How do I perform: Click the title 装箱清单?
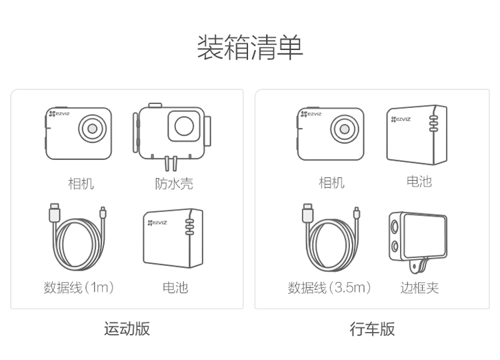click(x=250, y=47)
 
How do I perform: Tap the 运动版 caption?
click(x=127, y=329)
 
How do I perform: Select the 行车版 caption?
click(x=372, y=329)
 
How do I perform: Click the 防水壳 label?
click(x=174, y=184)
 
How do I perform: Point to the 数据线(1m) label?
click(x=79, y=287)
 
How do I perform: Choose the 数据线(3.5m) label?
click(x=329, y=287)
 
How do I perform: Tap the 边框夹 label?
click(x=419, y=287)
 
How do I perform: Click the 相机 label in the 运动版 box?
click(x=81, y=184)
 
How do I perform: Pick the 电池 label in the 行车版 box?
click(x=419, y=181)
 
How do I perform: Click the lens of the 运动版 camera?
click(x=93, y=129)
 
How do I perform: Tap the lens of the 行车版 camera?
click(x=345, y=129)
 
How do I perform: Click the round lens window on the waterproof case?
click(x=184, y=125)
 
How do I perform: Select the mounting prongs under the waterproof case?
click(x=171, y=163)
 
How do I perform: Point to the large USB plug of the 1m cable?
click(x=55, y=213)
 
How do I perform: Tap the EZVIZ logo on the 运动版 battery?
click(x=157, y=222)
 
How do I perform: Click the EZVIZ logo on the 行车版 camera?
click(x=311, y=114)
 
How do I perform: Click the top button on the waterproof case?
click(x=155, y=105)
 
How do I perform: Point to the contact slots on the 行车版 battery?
click(x=433, y=123)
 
